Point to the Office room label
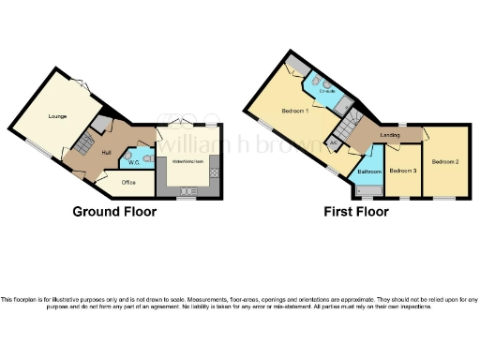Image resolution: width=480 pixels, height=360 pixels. point(128,183)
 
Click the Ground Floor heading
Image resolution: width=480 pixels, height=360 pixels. point(113,212)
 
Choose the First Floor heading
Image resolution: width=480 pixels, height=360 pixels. point(355,212)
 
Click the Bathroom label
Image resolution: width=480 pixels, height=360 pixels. point(368,172)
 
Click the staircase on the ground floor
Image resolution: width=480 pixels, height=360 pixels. point(82,143)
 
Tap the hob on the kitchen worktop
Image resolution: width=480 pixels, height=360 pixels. point(214,173)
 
